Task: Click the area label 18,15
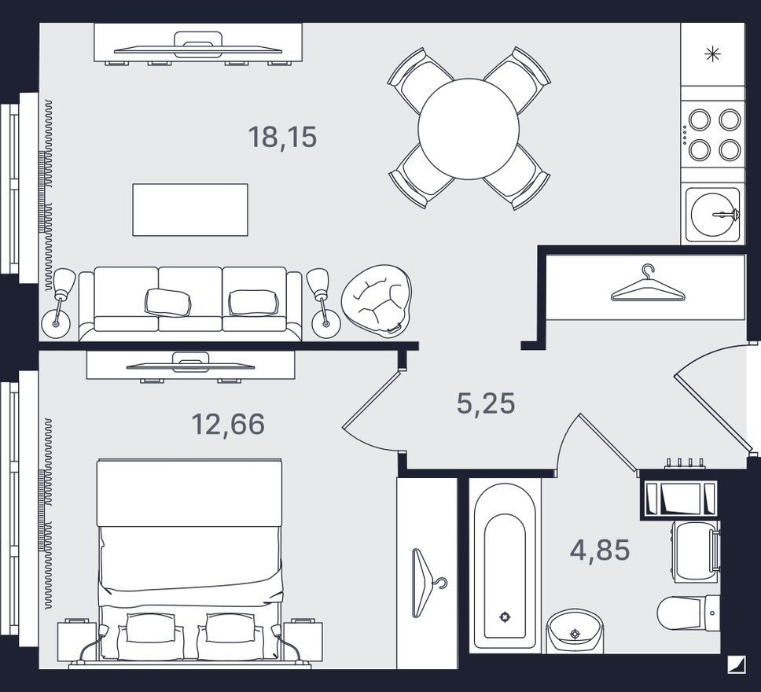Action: click(282, 137)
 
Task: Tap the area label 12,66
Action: click(228, 423)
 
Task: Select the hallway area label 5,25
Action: click(486, 403)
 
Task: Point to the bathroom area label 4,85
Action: click(600, 550)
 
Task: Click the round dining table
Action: click(469, 129)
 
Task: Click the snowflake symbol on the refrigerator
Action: click(712, 54)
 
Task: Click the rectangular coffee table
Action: click(190, 210)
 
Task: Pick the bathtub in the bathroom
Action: click(505, 565)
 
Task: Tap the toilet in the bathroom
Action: click(688, 613)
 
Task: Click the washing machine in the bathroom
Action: click(696, 552)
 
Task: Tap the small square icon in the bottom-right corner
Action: click(737, 664)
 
